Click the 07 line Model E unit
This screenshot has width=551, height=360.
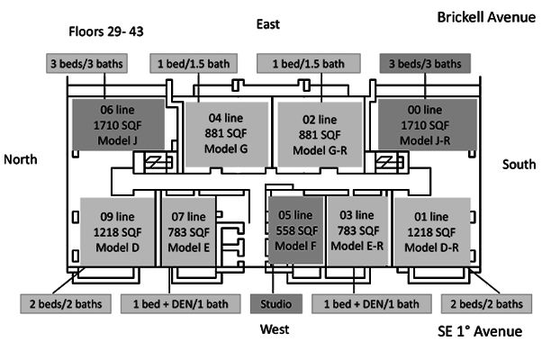click(x=188, y=230)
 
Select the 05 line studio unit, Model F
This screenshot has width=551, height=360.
click(x=295, y=230)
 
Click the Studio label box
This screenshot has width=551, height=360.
click(x=275, y=303)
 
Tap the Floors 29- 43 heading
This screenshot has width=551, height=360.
click(x=107, y=31)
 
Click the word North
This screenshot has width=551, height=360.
click(x=22, y=159)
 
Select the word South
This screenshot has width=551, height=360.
click(x=519, y=166)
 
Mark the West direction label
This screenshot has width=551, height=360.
click(x=275, y=330)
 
